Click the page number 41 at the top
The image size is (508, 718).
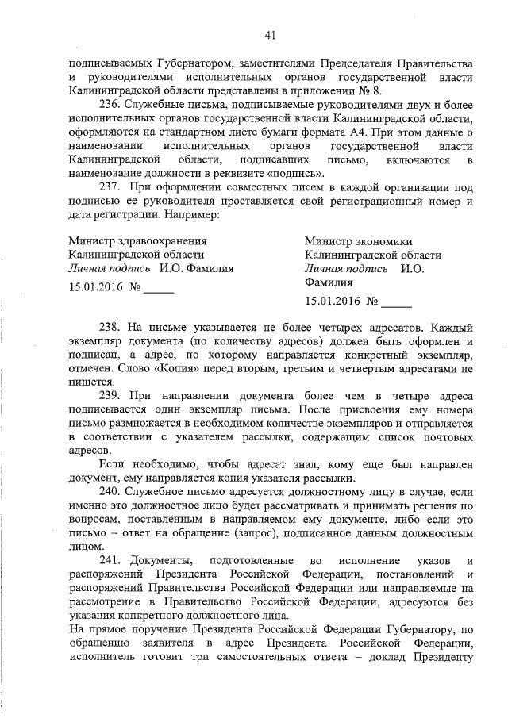pyautogui.click(x=270, y=34)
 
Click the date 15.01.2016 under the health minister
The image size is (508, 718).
pyautogui.click(x=95, y=289)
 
